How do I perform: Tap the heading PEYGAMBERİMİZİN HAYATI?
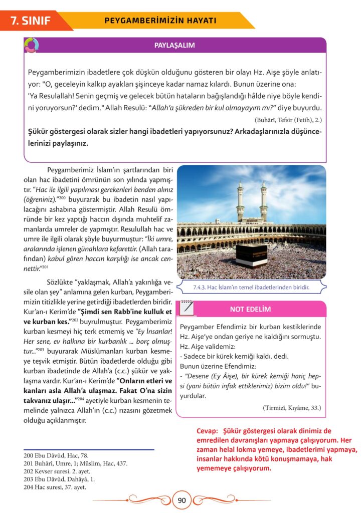160,21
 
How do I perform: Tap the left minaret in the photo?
240,200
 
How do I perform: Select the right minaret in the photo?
264,200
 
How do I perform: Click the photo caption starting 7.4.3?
250,288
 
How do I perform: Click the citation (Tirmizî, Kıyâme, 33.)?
291,407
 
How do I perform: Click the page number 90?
182,499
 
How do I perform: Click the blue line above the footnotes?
89,449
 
